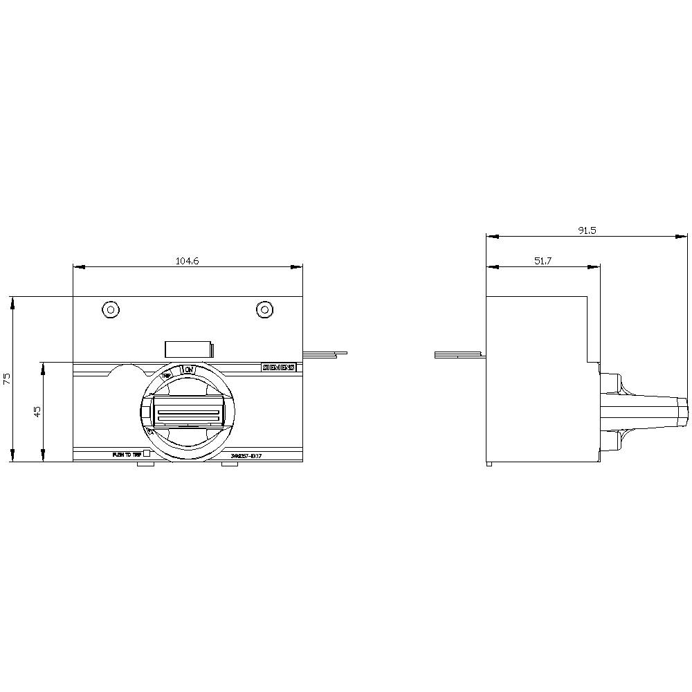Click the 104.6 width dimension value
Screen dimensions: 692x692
pyautogui.click(x=187, y=261)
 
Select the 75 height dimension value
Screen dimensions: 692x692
pyautogui.click(x=7, y=379)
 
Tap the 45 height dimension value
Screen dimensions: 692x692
pyautogui.click(x=38, y=411)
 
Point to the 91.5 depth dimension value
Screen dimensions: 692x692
pyautogui.click(x=587, y=230)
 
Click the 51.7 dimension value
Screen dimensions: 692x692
pyautogui.click(x=543, y=261)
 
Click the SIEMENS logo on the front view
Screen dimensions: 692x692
pyautogui.click(x=278, y=368)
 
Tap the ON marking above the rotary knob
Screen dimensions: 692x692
pyautogui.click(x=188, y=370)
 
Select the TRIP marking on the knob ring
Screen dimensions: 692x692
pyautogui.click(x=167, y=375)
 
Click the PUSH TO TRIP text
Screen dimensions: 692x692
pyautogui.click(x=126, y=455)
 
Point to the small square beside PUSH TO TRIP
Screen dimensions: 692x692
pyautogui.click(x=146, y=455)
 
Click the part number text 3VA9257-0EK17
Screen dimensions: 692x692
pyautogui.click(x=246, y=455)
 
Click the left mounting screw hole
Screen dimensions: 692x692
pyautogui.click(x=109, y=310)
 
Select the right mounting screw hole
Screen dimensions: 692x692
pyautogui.click(x=264, y=310)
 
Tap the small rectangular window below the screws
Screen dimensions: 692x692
pyautogui.click(x=188, y=349)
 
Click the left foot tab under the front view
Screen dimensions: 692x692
pyautogui.click(x=145, y=465)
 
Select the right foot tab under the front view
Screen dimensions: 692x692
pyautogui.click(x=230, y=465)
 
